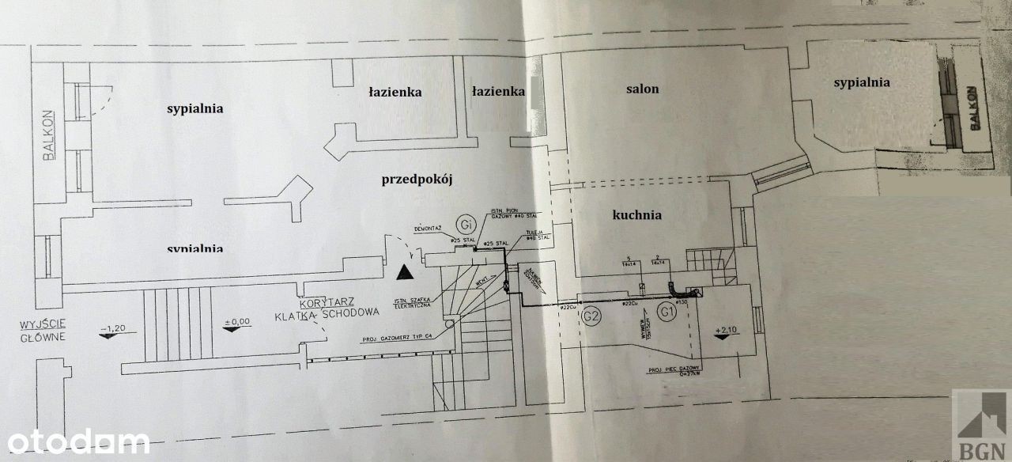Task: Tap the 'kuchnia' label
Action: [x=636, y=214]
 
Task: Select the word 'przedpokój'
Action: [x=415, y=180]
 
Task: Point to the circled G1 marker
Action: [x=669, y=312]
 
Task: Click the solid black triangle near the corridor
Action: [x=405, y=273]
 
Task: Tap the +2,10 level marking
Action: [x=725, y=330]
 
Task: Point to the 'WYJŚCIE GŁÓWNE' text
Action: [x=42, y=331]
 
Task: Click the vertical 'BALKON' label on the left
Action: [x=50, y=134]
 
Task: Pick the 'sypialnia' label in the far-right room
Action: [x=861, y=82]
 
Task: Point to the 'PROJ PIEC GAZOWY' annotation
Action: [x=669, y=369]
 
